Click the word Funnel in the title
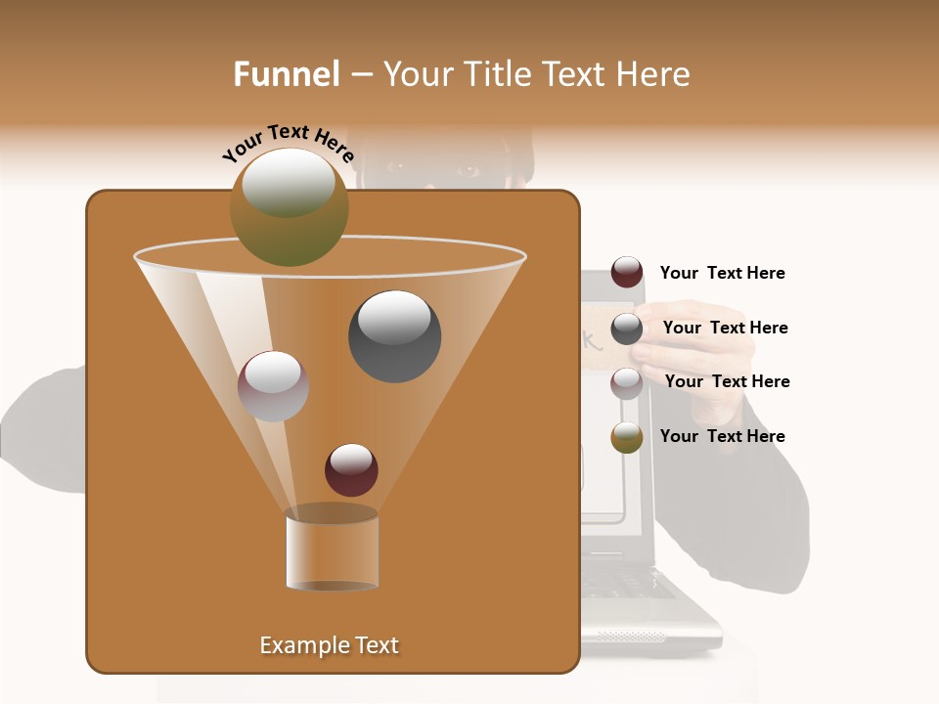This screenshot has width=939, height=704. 286,74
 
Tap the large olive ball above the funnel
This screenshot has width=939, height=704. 289,206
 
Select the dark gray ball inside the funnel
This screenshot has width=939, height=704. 394,335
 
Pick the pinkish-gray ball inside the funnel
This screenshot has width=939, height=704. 274,386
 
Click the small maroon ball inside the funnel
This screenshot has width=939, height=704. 351,470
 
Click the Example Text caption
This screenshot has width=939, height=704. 329,645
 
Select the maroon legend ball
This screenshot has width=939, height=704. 627,272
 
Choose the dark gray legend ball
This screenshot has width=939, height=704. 627,329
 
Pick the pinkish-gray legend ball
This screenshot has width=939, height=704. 627,383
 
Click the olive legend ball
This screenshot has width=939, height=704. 627,437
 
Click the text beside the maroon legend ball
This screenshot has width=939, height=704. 722,274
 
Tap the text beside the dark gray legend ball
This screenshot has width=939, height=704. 725,329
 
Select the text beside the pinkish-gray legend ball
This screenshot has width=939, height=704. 727,382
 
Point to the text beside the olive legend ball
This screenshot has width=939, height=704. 722,436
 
